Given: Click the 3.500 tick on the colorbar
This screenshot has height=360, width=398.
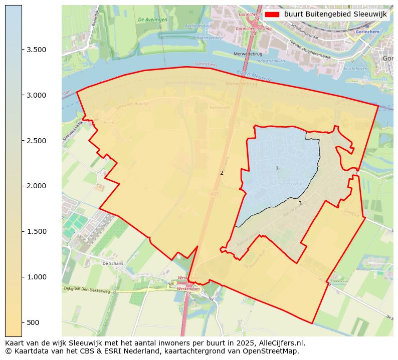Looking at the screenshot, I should pos(36,50).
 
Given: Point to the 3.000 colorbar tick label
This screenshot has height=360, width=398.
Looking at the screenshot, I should pos(36,95).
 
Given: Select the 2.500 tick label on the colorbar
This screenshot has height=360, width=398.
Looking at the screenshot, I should pos(36,141).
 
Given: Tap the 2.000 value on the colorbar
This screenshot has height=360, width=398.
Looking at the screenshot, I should pos(36,186).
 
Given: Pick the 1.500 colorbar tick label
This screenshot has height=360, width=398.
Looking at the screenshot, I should pos(36,231).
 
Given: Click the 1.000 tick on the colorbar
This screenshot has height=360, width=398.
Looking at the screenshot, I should pos(36,277).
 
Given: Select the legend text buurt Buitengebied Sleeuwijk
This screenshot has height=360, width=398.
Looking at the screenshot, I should pos(335,15).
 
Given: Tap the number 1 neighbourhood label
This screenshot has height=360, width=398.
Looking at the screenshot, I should pos(277,168).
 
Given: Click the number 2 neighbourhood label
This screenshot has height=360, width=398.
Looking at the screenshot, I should pos(222,173).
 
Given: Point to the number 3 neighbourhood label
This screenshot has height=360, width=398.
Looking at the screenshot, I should pos(300,203).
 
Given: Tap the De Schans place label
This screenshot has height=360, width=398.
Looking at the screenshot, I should pos(112,263).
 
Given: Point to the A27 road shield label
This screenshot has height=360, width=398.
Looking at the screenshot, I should pos(215,193).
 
